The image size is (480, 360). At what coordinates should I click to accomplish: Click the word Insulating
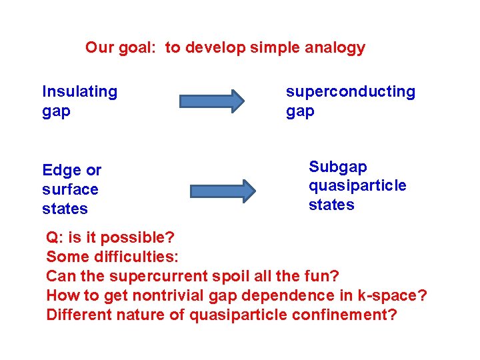pos(79,91)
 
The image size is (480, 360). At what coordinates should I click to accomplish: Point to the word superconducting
pos(350,91)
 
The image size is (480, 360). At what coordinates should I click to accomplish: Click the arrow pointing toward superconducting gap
pos(212,101)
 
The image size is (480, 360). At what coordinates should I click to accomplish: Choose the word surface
pos(70,189)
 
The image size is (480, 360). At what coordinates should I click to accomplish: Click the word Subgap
pos(337,166)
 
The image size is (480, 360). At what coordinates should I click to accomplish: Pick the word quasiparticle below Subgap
pos(357,185)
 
